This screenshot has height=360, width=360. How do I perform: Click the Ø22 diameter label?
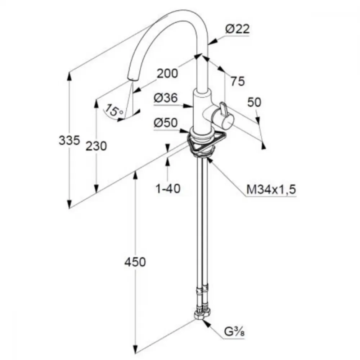tap(237, 29)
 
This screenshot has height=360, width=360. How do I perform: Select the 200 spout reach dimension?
tap(167, 73)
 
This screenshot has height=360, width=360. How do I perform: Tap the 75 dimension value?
tap(238, 81)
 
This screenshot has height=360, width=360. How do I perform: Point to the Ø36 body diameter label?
tap(166, 98)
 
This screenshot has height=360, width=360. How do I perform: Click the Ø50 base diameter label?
tap(166, 123)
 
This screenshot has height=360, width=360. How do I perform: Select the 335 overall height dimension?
tap(69, 140)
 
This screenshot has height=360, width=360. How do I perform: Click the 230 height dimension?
tap(96, 146)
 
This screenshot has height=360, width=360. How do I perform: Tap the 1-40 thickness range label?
tap(168, 189)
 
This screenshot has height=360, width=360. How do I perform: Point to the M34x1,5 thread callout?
tap(271, 190)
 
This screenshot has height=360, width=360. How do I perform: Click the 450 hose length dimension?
tap(135, 262)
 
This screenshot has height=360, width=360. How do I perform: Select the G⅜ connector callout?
tap(234, 332)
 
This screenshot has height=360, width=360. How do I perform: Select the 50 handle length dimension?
tap(254, 102)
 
